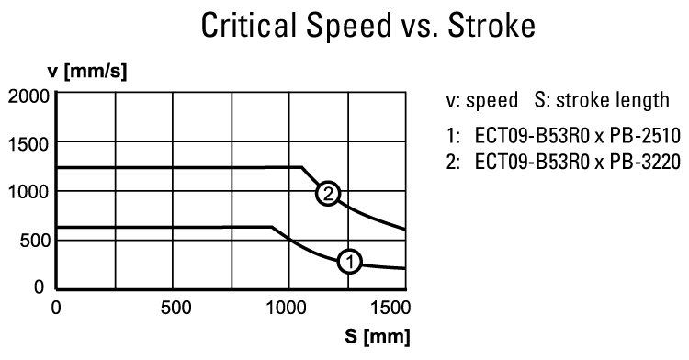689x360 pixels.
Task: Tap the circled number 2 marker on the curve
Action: click(x=327, y=194)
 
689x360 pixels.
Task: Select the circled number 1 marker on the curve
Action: click(x=349, y=262)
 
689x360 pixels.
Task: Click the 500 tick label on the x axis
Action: click(x=172, y=307)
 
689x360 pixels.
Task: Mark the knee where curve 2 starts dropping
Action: click(x=302, y=167)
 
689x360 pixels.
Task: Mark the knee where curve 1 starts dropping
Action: click(x=272, y=227)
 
